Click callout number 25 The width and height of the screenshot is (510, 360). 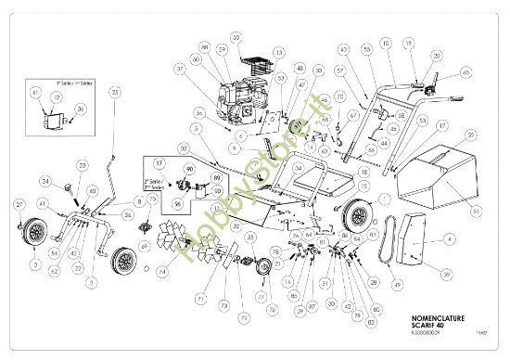pos(115,92)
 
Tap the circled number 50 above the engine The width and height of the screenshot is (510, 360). pos(236,37)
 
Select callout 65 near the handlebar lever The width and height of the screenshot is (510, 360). pos(465,71)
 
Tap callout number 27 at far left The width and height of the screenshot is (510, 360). pos(19,203)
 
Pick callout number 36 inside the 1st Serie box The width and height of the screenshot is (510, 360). pos(81,109)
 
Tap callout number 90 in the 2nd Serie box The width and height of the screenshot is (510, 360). pos(190,171)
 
